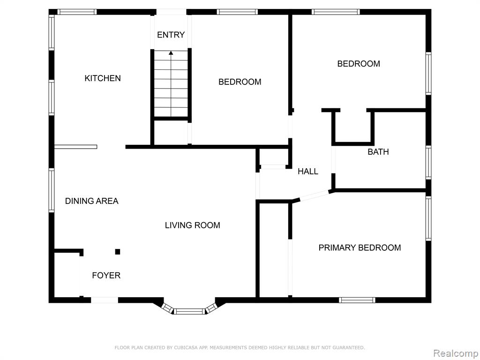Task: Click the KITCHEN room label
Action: (x=103, y=78)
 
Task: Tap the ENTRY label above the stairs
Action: (x=171, y=35)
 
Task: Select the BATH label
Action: (x=378, y=152)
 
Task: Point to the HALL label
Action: (x=308, y=172)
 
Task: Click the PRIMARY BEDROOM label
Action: (x=360, y=247)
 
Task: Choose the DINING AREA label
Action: (x=92, y=201)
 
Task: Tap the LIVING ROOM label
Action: (x=193, y=225)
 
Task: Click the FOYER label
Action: (x=106, y=276)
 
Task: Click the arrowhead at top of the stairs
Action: (x=171, y=53)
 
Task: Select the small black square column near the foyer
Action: (x=118, y=252)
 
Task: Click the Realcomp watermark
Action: (x=456, y=353)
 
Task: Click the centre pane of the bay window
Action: (x=189, y=312)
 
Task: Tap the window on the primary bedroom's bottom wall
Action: (x=357, y=300)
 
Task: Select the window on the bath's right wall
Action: (x=428, y=163)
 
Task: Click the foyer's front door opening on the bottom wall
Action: (x=105, y=300)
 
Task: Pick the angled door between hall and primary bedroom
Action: (x=315, y=195)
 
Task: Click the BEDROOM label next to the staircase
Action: (x=240, y=82)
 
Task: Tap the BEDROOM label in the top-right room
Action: (x=359, y=64)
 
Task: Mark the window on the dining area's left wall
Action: (x=52, y=190)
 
